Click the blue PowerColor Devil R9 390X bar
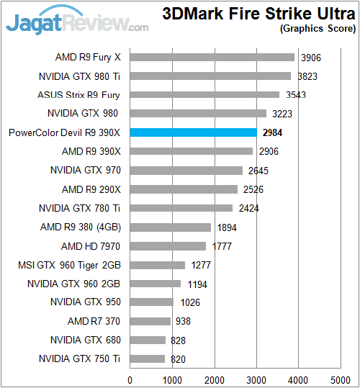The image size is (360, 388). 194,132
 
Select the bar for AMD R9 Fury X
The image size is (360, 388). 212,57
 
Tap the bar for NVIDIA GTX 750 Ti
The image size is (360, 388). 148,358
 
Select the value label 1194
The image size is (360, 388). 197,284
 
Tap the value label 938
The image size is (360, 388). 184,321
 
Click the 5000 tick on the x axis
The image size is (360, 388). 341,379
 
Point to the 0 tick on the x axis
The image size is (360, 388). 130,379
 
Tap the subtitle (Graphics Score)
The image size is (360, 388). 318,29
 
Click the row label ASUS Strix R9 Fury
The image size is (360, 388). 78,94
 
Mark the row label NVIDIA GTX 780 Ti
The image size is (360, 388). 79,208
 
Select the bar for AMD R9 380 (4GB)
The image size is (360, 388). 171,227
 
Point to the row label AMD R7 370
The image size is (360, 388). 94,321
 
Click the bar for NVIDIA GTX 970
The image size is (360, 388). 186,170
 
